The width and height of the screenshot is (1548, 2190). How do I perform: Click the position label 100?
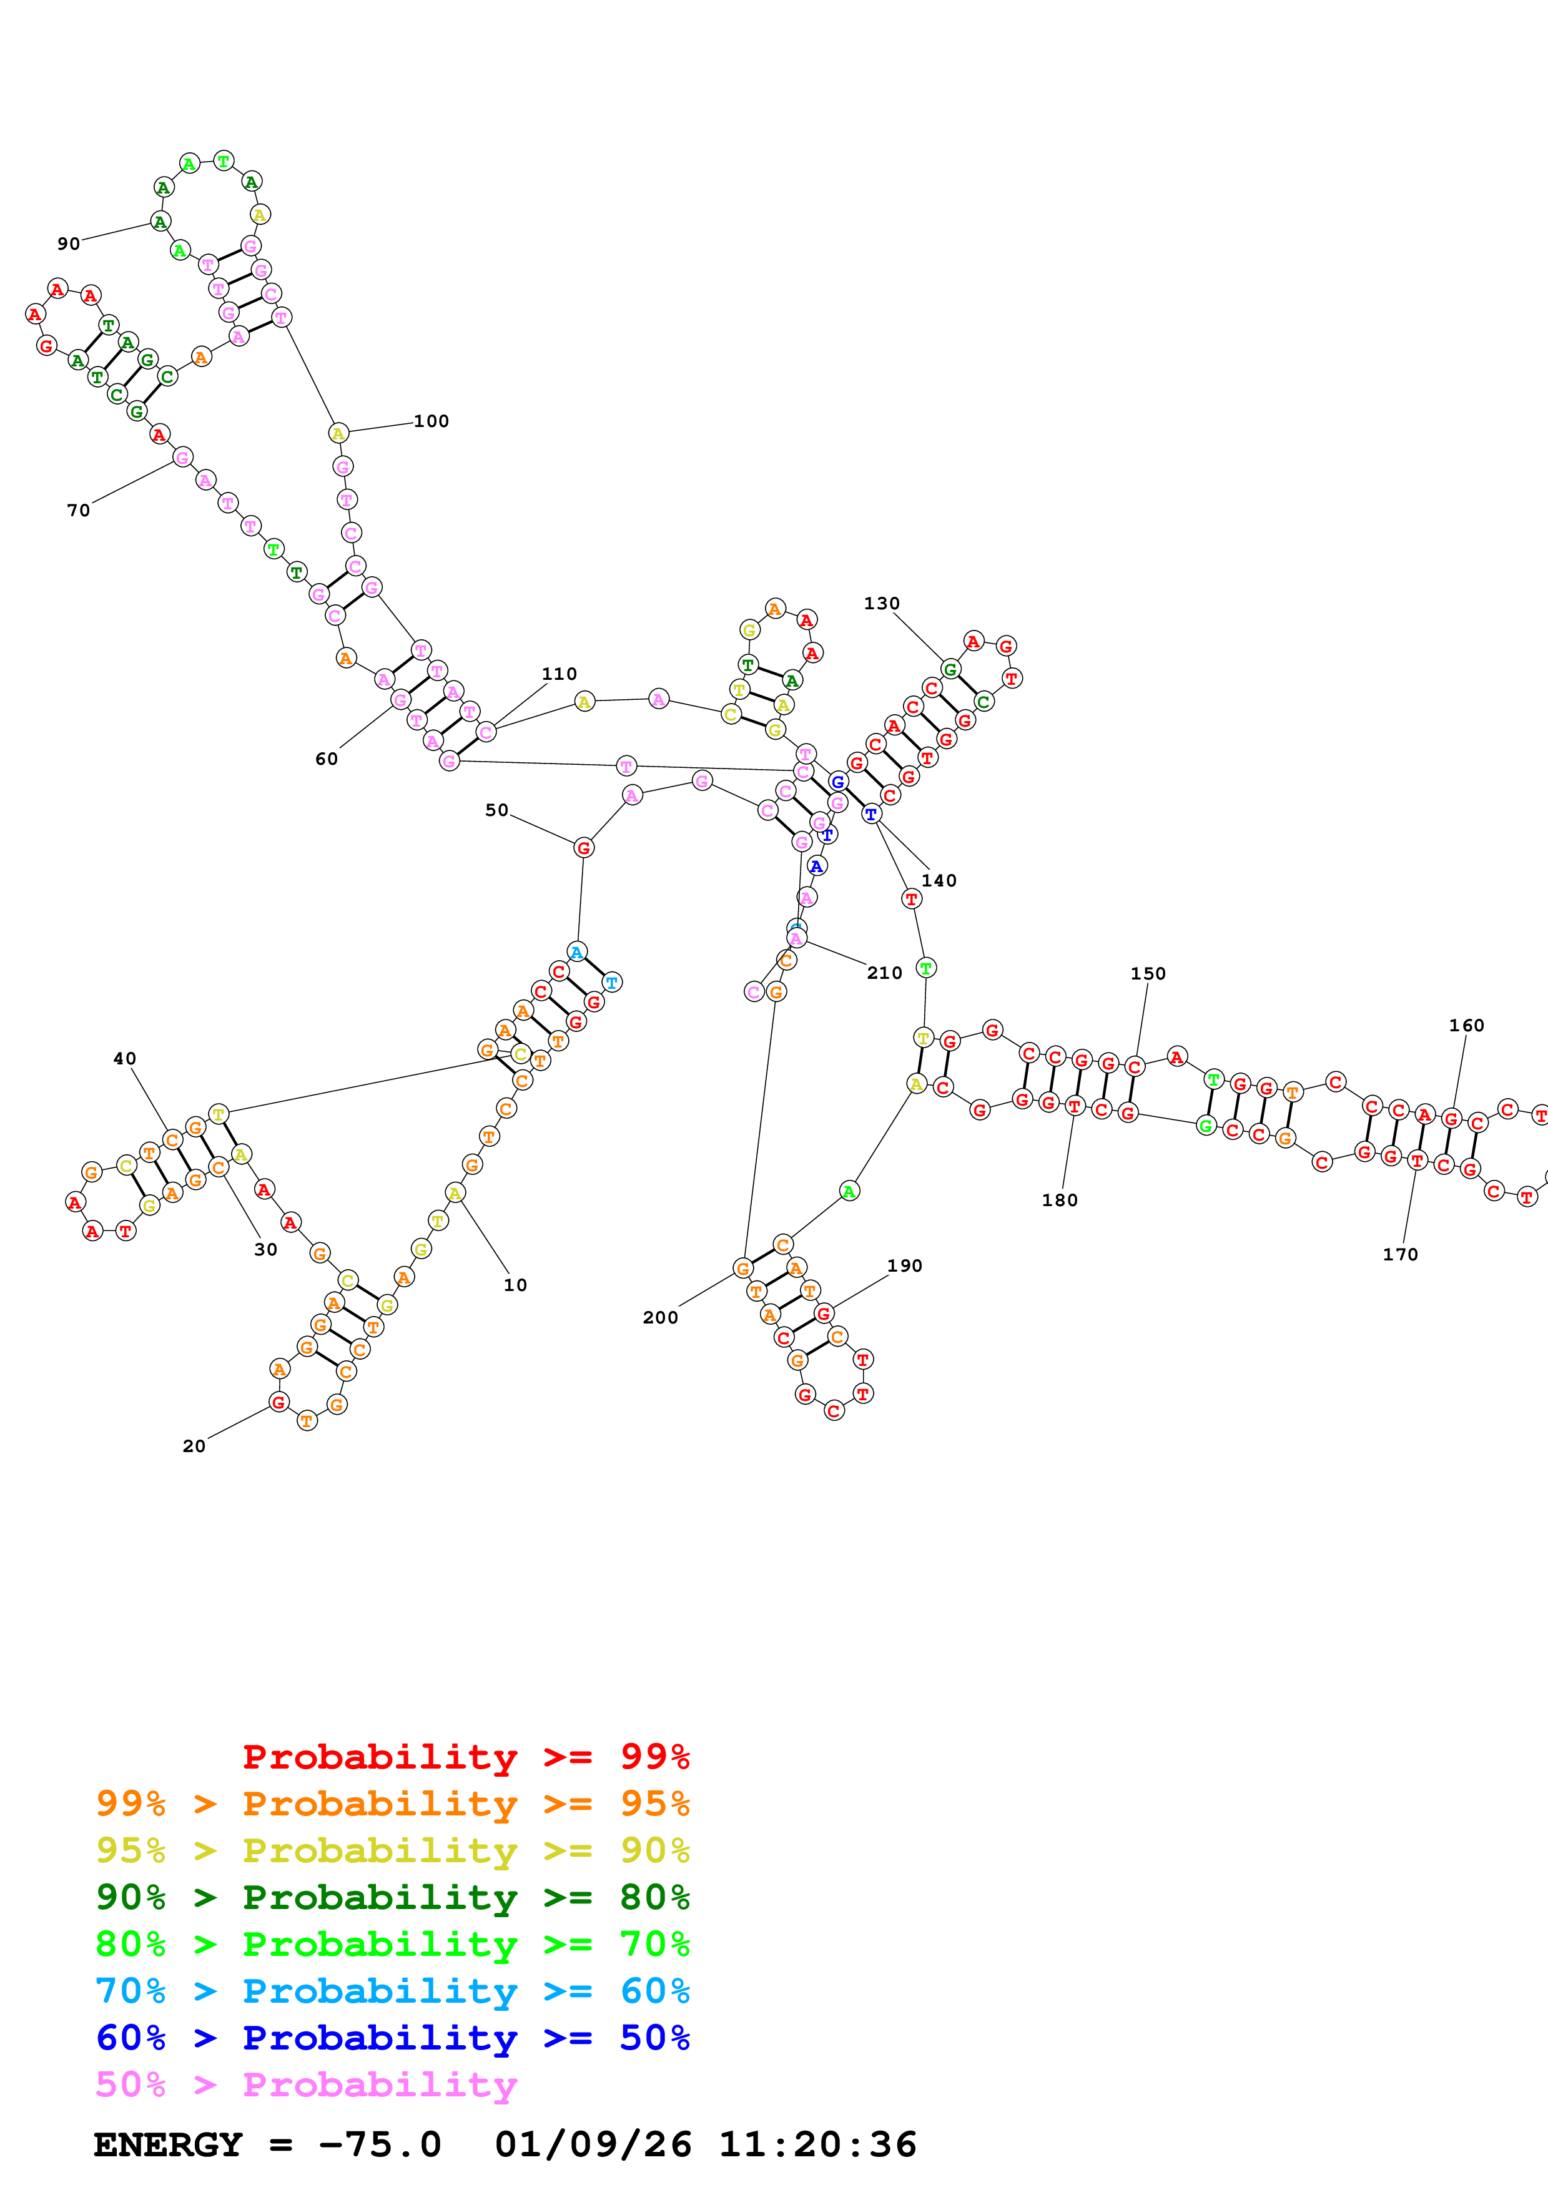[x=431, y=421]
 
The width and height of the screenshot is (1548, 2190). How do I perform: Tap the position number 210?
[x=884, y=973]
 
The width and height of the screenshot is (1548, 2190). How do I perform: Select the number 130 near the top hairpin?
[x=881, y=603]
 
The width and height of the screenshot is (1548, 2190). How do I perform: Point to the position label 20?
[x=194, y=1446]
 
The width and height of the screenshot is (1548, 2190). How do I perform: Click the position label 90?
[x=69, y=243]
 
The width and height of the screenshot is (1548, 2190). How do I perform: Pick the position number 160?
[x=1466, y=1025]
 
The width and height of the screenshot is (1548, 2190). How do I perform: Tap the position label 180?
[x=1060, y=1200]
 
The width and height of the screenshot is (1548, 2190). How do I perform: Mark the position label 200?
[x=660, y=1317]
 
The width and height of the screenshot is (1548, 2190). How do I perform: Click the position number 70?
[x=78, y=510]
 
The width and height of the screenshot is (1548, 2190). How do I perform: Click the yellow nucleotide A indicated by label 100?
[x=338, y=433]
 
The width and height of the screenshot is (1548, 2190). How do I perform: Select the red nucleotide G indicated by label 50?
[x=584, y=847]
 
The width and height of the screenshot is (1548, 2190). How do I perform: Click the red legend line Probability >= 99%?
[x=465, y=1756]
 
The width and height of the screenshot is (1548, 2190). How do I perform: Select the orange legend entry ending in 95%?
[x=393, y=1803]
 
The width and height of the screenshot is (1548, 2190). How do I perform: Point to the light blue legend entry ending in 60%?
[x=393, y=1991]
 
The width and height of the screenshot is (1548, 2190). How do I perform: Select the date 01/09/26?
[x=593, y=2144]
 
